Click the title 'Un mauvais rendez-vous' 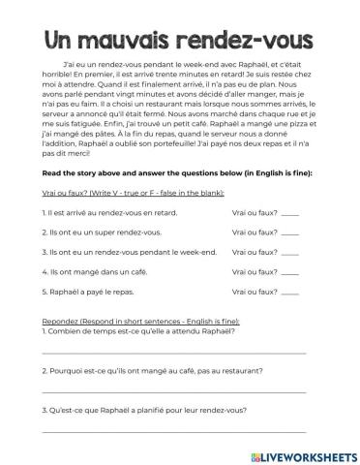tap(179, 40)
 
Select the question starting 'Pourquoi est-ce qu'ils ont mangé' tap(146, 370)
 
